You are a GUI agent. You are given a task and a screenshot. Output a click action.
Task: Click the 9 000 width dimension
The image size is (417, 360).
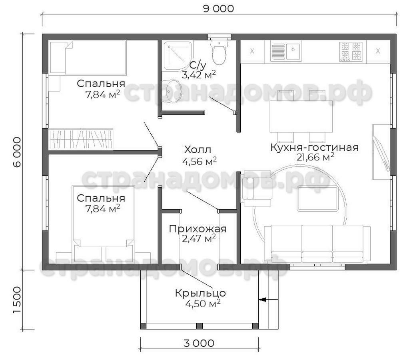click(x=218, y=8)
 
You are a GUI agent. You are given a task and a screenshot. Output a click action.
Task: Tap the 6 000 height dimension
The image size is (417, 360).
click(x=16, y=152)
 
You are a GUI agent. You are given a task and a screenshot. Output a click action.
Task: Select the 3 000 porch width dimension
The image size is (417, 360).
click(x=199, y=343)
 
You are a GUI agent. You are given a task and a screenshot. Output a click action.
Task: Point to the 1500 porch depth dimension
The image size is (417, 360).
click(x=17, y=300)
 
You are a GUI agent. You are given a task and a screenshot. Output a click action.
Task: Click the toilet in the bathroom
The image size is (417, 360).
click(x=219, y=52)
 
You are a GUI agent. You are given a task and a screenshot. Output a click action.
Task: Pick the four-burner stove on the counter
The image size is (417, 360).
click(x=351, y=52)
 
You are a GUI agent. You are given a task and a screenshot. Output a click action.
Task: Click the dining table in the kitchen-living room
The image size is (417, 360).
click(x=301, y=116)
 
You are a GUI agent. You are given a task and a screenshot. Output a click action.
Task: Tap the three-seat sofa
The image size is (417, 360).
click(x=317, y=244)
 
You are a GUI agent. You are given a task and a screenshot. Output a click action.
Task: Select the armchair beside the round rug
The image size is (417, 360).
click(x=256, y=188)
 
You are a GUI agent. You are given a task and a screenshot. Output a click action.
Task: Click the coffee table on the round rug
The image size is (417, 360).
click(x=318, y=199)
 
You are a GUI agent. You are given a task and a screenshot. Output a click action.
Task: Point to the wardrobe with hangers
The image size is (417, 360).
click(x=81, y=139)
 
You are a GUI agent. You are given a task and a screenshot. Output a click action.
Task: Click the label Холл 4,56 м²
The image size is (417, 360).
click(x=199, y=155)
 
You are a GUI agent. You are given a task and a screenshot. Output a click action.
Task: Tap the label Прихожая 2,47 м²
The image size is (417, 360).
click(x=198, y=233)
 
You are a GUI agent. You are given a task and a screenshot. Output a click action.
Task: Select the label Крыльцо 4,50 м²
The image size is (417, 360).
click(x=201, y=298)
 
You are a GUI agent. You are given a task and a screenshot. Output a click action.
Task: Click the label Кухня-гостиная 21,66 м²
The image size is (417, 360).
click(x=314, y=152)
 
